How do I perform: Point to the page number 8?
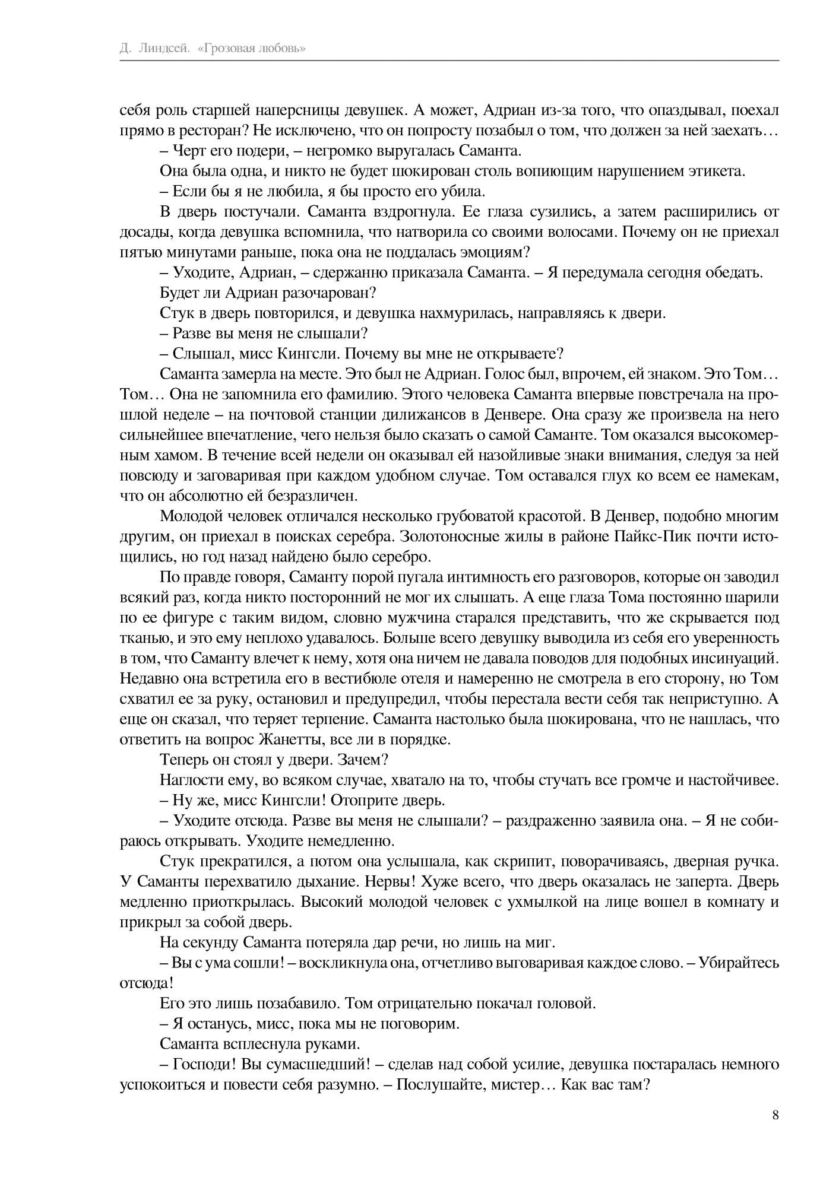click(x=775, y=1115)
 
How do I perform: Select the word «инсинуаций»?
click(x=735, y=658)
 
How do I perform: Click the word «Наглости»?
click(x=186, y=780)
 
